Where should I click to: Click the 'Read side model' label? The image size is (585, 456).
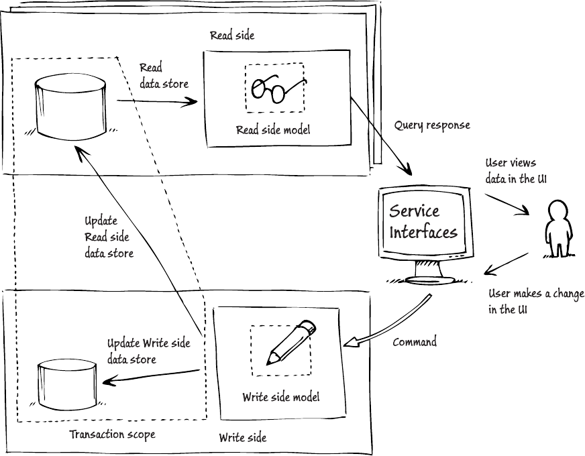[x=273, y=130]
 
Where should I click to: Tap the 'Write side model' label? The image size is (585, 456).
[x=280, y=397]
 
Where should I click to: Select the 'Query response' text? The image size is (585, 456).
[x=432, y=125]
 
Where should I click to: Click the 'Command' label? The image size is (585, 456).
[x=415, y=342]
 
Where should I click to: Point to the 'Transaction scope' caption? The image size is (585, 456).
[x=112, y=435]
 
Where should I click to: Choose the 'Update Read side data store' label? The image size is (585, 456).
[x=108, y=237]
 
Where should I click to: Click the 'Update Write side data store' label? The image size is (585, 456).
[x=148, y=351]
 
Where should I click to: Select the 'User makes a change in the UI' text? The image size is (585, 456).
[x=535, y=302]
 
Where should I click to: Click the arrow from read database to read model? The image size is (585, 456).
[x=158, y=102]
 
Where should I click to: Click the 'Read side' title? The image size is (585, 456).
[x=232, y=35]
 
